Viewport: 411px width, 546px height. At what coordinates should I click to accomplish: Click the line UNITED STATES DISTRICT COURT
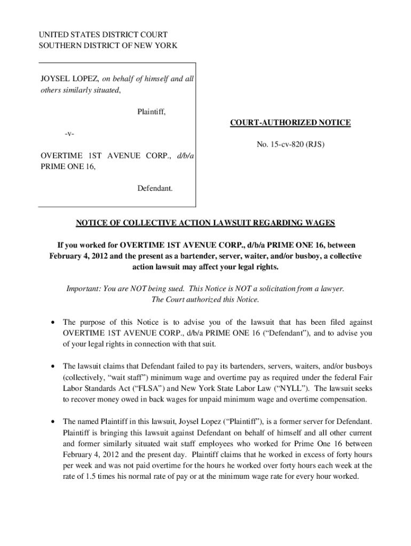point(103,35)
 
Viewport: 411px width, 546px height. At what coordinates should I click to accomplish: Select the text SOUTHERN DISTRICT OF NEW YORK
point(108,46)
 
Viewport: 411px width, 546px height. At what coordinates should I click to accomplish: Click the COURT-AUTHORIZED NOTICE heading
point(290,123)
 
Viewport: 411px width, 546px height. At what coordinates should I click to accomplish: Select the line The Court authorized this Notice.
point(205,300)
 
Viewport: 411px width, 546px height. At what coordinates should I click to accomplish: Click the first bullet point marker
point(52,323)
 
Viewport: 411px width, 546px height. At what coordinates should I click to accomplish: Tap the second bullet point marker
point(52,367)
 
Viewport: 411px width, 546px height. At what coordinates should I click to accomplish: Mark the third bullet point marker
point(52,422)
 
